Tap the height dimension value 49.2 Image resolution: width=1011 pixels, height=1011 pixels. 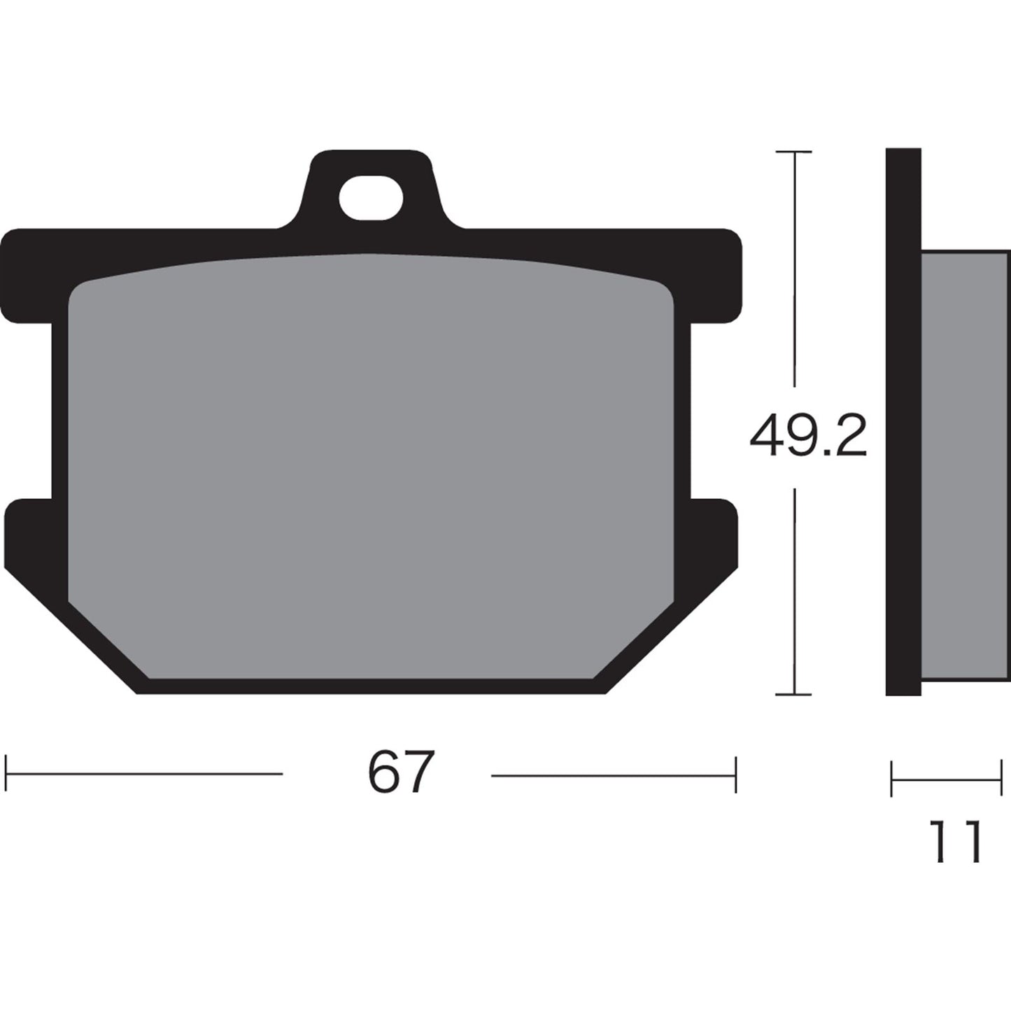click(x=808, y=436)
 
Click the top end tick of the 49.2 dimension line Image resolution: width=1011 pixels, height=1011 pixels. click(x=794, y=151)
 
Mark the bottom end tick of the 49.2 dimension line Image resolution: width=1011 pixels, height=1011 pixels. click(x=794, y=695)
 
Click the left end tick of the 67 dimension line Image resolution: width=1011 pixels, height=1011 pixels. click(x=6, y=774)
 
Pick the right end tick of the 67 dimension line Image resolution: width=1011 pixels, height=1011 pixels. click(x=735, y=774)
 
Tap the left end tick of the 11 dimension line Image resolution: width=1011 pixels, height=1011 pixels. click(x=892, y=779)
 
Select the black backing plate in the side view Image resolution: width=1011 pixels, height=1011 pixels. click(x=903, y=420)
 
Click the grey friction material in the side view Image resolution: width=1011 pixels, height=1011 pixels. click(x=966, y=462)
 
